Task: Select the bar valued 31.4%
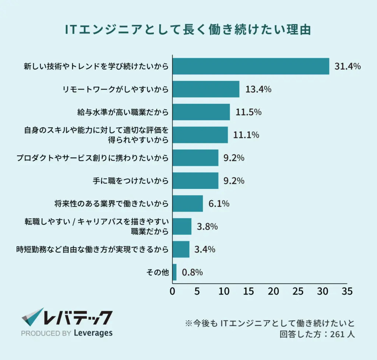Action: click(251, 66)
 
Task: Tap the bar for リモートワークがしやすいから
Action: click(206, 89)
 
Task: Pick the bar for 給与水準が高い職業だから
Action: click(201, 112)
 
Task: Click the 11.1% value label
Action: click(246, 135)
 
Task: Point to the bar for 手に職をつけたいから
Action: click(195, 180)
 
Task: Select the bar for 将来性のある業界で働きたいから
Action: click(187, 204)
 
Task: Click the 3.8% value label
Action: click(207, 226)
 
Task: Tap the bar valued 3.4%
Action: click(181, 249)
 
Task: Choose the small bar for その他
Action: click(175, 272)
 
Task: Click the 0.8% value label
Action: click(192, 272)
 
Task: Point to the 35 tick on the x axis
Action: click(347, 291)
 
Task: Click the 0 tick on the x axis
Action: click(172, 291)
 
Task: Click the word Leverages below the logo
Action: click(94, 333)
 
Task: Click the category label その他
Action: click(158, 272)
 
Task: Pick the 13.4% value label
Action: click(258, 89)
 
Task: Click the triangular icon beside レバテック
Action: click(32, 317)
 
